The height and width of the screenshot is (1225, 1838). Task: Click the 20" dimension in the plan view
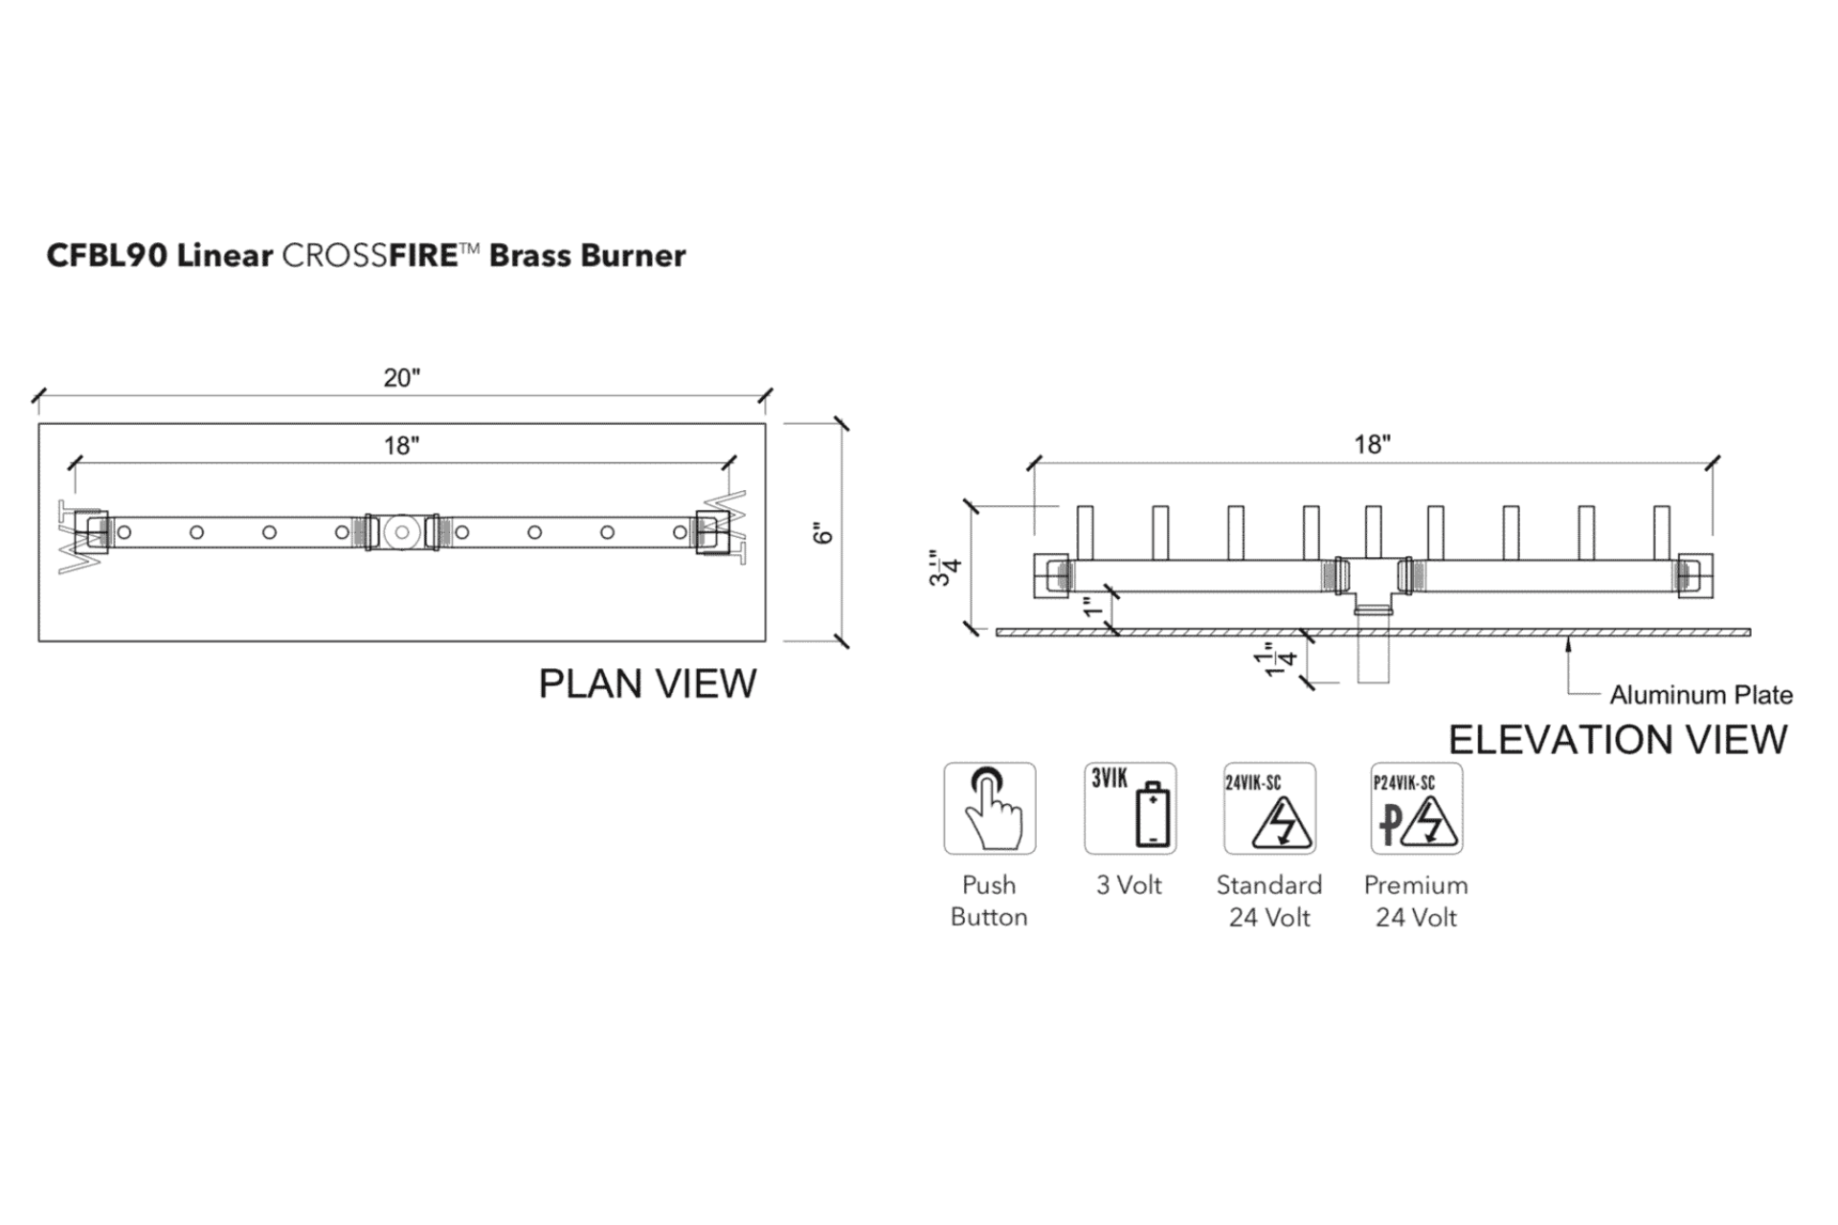tap(402, 378)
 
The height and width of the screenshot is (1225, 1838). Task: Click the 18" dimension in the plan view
tap(402, 446)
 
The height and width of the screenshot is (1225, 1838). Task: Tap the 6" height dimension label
tap(823, 533)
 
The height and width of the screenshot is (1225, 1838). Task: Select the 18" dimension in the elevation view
tap(1372, 445)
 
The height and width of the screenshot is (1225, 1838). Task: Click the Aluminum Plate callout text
tap(1701, 695)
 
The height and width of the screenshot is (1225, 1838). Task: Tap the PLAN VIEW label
tap(647, 683)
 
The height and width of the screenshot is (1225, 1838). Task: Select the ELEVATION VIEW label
tap(1618, 740)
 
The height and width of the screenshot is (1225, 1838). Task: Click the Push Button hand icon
tap(990, 809)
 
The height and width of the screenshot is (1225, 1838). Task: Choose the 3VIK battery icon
tap(1131, 809)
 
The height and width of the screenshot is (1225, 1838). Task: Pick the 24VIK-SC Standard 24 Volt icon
tap(1269, 809)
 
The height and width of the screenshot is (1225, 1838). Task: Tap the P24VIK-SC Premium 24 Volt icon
tap(1417, 809)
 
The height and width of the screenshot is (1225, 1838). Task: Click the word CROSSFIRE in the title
tap(370, 256)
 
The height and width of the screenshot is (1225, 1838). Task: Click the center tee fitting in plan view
tap(402, 532)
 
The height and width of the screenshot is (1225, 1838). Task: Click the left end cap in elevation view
tap(1051, 576)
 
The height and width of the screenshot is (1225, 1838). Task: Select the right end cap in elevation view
tap(1694, 576)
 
